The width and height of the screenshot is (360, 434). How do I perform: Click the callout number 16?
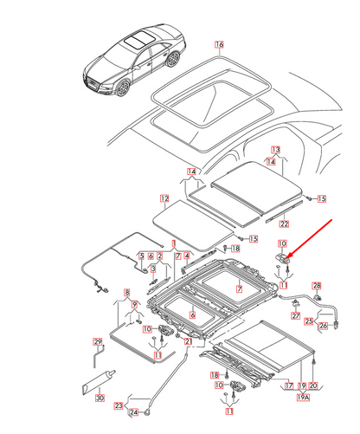point(219,44)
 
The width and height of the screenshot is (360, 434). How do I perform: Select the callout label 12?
point(164,198)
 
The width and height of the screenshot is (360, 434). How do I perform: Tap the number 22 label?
point(284,223)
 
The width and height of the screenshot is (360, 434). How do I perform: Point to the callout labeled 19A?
point(303,398)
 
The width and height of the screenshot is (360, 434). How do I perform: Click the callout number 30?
point(100,398)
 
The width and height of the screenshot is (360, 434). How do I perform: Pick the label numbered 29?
point(98,341)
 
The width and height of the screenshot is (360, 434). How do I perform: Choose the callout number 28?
point(317,286)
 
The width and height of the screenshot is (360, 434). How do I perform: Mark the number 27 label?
point(296,315)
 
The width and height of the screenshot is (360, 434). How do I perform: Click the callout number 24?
point(133,412)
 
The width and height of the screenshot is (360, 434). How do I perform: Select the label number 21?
point(188,341)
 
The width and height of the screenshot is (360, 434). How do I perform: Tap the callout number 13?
point(276,150)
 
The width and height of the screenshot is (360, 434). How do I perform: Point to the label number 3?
point(153,269)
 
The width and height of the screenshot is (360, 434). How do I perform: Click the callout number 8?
point(127,293)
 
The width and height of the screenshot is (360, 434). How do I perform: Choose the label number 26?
point(324,326)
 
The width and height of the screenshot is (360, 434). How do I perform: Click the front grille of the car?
point(93,82)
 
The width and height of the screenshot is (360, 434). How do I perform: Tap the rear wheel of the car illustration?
point(174,59)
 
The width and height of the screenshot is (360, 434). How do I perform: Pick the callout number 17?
point(289,385)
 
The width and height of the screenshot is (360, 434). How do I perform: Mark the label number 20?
point(313,385)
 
